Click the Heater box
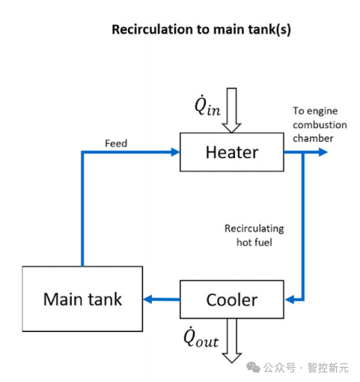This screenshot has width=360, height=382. point(232,152)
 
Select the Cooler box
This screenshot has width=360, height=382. point(232,300)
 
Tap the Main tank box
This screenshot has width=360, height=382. point(82,299)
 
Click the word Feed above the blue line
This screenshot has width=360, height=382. point(116,143)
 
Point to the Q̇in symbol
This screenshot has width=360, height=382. point(207,106)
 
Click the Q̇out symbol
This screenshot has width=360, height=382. point(201,337)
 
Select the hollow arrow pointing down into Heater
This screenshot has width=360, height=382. point(231,110)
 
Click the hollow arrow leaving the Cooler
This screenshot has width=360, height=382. point(232,341)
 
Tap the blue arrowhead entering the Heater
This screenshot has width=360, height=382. point(175,152)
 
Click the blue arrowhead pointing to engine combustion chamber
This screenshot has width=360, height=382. point(323,152)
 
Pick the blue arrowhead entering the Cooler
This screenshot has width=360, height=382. point(290,300)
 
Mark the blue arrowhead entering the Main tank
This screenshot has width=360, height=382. point(148,299)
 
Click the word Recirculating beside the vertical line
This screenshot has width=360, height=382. point(254,228)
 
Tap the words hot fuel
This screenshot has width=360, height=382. point(254,242)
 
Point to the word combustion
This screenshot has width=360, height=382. point(320,124)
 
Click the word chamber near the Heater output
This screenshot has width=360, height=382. point(313,138)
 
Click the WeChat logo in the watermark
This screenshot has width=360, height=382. point(253,367)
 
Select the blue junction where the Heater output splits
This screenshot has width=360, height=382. point(303,152)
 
